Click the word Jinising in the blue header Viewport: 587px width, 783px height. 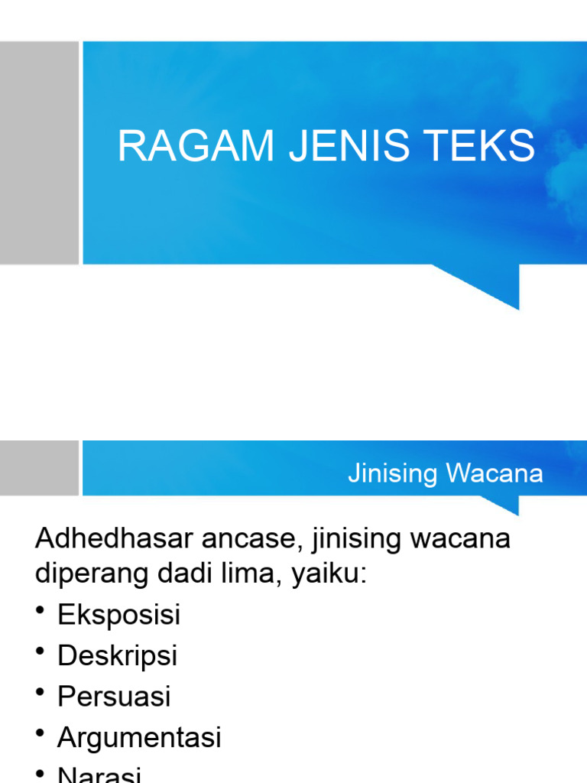(393, 473)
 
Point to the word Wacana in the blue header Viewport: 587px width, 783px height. (495, 473)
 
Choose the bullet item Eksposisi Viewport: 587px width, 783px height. (118, 615)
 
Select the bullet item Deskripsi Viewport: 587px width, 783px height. (117, 656)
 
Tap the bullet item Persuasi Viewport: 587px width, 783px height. (114, 697)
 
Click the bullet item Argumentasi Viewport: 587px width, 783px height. (139, 738)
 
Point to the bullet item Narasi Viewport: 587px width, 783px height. (99, 775)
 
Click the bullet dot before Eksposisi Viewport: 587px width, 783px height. (41, 609)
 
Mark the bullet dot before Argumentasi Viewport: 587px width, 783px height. (41, 733)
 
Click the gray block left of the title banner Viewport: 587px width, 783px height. (39, 152)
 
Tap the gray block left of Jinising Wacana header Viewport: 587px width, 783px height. (39, 467)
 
